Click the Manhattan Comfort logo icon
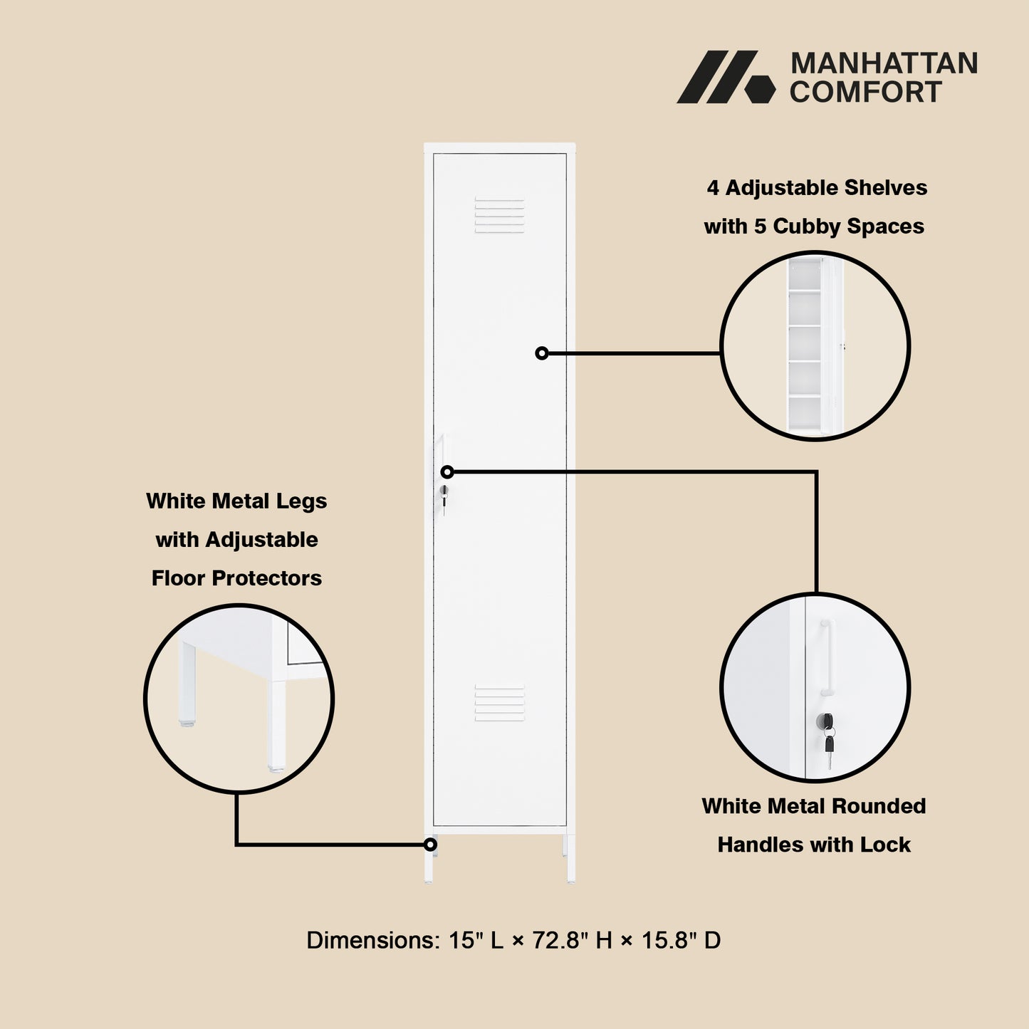pyautogui.click(x=725, y=77)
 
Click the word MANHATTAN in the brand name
pyautogui.click(x=884, y=63)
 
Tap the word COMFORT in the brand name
pyautogui.click(x=865, y=93)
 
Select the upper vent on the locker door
pyautogui.click(x=499, y=215)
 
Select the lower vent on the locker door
pyautogui.click(x=499, y=703)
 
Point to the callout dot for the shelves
pyautogui.click(x=542, y=353)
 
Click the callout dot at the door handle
pyautogui.click(x=447, y=472)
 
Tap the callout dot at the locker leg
pyautogui.click(x=430, y=845)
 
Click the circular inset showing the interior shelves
pyautogui.click(x=815, y=346)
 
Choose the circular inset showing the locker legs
pyautogui.click(x=239, y=699)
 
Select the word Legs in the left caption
pyautogui.click(x=301, y=501)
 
